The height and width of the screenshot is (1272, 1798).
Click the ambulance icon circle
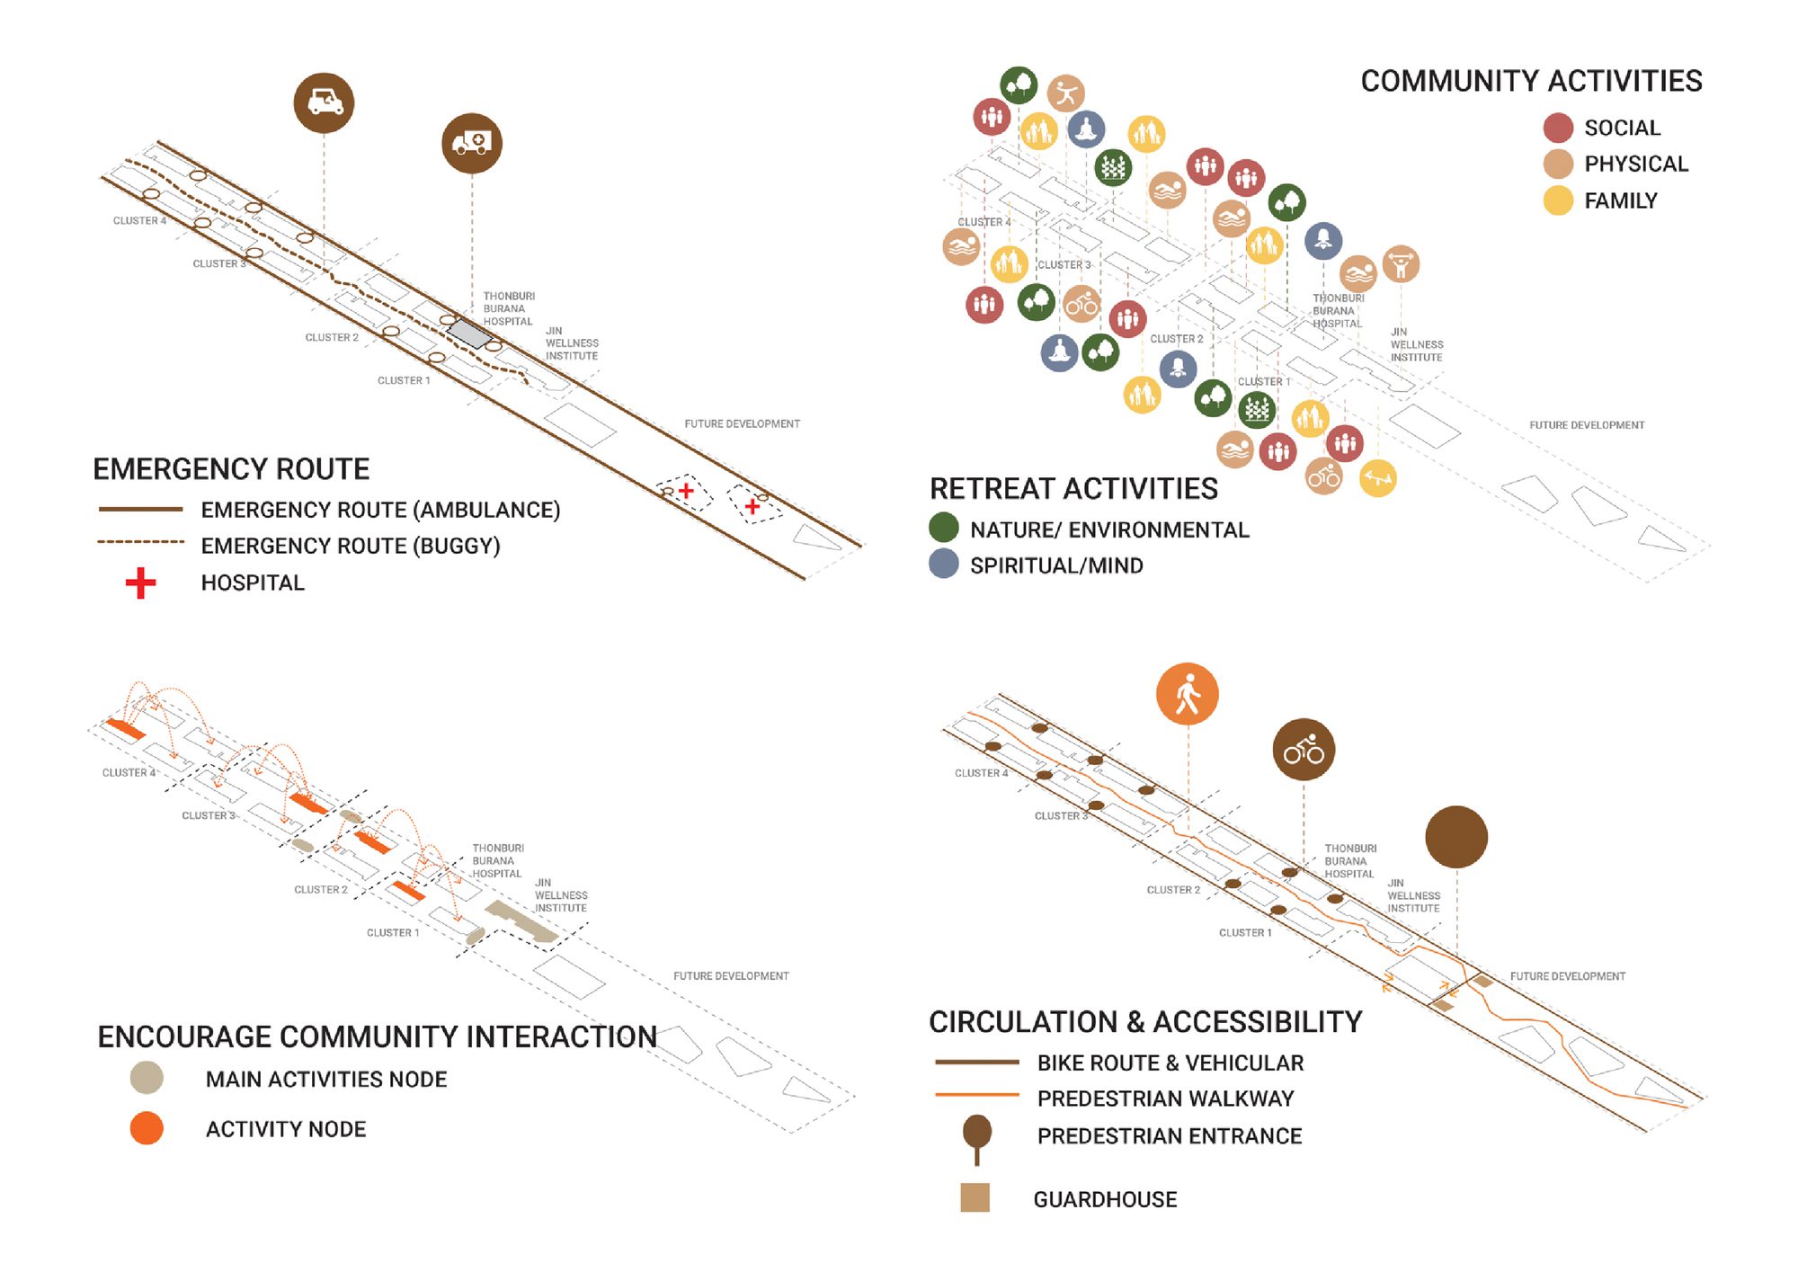click(471, 143)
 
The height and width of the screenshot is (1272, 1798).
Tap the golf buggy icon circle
click(324, 102)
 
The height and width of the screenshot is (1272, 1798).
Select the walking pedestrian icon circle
click(1188, 694)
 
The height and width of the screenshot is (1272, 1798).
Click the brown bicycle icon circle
click(1304, 750)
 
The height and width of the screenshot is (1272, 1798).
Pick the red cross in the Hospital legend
click(140, 583)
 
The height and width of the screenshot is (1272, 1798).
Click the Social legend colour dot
click(1558, 128)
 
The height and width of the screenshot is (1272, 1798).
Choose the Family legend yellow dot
click(1558, 200)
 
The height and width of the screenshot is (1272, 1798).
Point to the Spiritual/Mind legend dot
click(943, 565)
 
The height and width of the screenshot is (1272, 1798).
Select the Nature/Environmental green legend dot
click(943, 529)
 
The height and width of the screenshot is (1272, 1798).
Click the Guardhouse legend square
click(975, 1197)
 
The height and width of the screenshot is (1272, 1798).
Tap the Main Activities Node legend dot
click(147, 1078)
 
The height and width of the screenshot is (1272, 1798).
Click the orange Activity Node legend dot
click(147, 1128)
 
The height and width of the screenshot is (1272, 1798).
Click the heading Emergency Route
click(231, 469)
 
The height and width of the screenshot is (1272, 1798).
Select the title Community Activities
click(1531, 81)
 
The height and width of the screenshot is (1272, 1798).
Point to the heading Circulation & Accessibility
click(1145, 1022)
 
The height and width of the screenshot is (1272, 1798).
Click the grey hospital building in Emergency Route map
click(470, 334)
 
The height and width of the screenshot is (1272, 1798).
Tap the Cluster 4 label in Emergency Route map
click(139, 220)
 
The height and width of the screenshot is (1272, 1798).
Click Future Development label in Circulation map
click(1567, 976)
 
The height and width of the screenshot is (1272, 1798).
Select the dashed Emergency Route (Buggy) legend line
click(140, 542)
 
